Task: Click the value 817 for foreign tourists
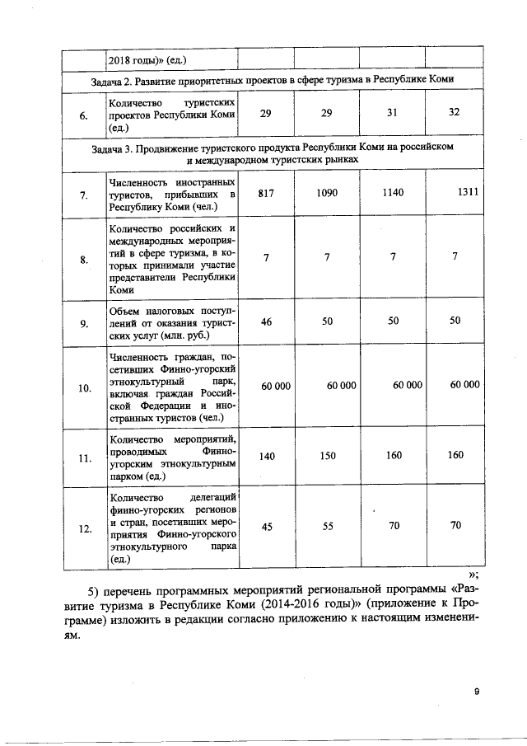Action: tap(265, 193)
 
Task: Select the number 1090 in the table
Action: tap(327, 193)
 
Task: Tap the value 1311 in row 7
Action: tap(469, 193)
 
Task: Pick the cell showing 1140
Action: tap(394, 193)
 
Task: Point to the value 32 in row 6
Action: tap(454, 112)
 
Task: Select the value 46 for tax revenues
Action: tap(266, 321)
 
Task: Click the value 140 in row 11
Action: tap(267, 455)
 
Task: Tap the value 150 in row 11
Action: tap(328, 455)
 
